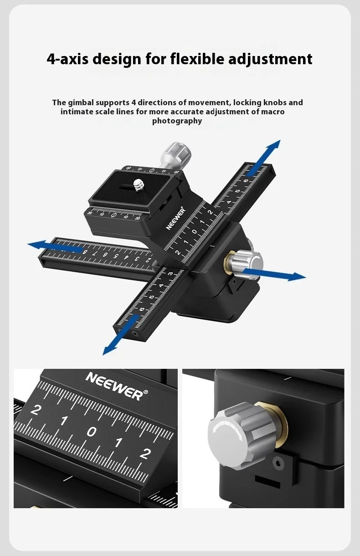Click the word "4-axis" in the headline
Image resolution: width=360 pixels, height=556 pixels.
pos(67,59)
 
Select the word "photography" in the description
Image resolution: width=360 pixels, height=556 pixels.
pos(177,121)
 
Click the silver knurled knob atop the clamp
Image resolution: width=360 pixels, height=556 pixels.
pos(176,156)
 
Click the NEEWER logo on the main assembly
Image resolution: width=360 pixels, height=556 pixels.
pos(176,219)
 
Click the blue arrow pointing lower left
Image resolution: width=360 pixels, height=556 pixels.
pos(120,335)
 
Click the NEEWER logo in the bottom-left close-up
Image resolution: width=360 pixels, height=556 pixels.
pos(117,386)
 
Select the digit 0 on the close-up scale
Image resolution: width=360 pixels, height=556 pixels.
pos(92,431)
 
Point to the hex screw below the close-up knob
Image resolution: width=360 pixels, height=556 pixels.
pos(278,463)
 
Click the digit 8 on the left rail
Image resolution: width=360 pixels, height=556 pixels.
pos(85,252)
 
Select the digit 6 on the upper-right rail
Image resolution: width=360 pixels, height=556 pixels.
pos(246,181)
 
